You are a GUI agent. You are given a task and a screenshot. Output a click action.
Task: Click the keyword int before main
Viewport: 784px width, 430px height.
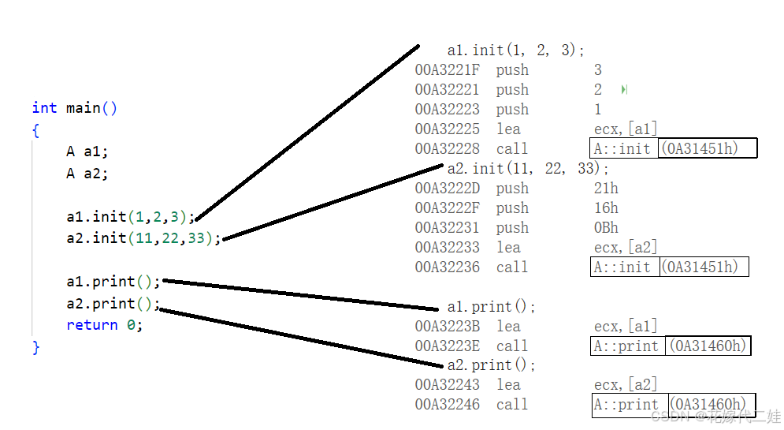coord(44,108)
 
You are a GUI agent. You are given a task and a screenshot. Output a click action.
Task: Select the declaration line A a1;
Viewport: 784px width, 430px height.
coord(87,152)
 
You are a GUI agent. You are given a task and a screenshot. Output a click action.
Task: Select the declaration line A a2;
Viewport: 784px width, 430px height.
coord(87,174)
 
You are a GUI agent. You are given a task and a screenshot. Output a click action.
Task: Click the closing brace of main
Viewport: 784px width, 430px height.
coord(35,347)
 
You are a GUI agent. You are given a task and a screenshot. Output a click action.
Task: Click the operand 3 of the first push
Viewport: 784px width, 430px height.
coord(598,70)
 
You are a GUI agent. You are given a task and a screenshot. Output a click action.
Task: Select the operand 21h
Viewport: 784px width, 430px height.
coord(606,189)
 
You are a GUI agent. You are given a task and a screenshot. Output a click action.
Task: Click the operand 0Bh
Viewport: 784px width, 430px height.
coord(606,228)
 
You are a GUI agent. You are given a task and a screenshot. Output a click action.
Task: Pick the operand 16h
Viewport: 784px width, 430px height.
coord(606,208)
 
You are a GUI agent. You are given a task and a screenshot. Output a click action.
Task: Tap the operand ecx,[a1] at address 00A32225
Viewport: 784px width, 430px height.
coord(626,129)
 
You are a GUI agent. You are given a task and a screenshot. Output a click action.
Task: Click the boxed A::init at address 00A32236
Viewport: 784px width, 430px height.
coord(623,267)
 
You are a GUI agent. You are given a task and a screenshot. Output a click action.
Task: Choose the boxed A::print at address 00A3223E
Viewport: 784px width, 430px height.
coord(627,346)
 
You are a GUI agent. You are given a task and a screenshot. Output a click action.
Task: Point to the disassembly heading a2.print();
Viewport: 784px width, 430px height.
coord(491,365)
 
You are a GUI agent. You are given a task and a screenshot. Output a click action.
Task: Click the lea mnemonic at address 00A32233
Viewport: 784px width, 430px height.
coord(508,248)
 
